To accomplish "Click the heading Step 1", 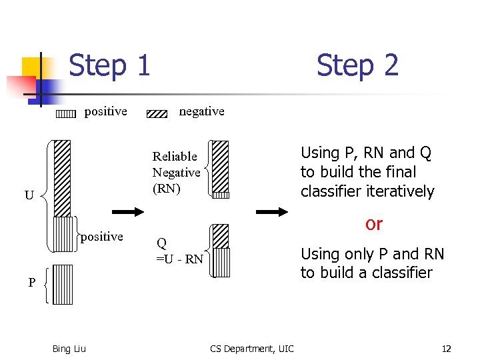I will pos(109,65).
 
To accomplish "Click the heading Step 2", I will pos(357,65).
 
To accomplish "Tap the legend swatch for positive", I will pos(65,113).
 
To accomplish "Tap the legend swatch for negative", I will pos(157,113).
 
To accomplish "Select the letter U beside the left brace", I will pos(29,195).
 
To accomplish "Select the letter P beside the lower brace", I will pos(31,283).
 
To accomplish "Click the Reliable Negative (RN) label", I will pos(175,172).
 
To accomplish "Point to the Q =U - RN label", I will pos(179,251).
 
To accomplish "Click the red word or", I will pos(373,224).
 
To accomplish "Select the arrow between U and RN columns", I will pos(127,212).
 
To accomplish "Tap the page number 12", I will pos(446,349).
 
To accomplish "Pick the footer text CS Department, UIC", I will pos(251,349).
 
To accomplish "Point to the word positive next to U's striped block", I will pos(101,237).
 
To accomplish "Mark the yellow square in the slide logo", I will pos(32,67).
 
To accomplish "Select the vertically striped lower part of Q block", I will pos(221,262).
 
